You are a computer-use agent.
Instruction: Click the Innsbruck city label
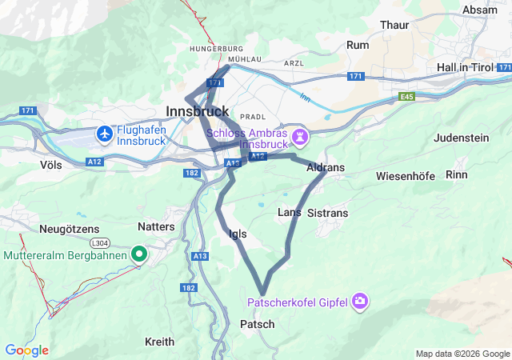point(198,110)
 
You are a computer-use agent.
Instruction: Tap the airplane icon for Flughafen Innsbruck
point(104,133)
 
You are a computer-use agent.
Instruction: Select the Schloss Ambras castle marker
point(300,137)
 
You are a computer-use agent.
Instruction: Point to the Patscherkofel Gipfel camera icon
point(361,301)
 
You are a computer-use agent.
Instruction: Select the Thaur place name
point(394,26)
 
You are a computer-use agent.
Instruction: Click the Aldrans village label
point(326,169)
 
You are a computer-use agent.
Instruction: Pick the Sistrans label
point(328,213)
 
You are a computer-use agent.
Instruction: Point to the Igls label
point(238,234)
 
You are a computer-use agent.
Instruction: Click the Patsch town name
point(257,324)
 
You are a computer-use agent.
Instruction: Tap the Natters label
point(156,226)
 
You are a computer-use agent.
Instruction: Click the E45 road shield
point(408,96)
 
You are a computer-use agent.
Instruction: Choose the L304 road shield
point(100,242)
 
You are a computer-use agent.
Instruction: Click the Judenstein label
point(461,138)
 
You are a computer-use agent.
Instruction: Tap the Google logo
point(26,350)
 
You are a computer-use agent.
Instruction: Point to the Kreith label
point(159,342)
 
